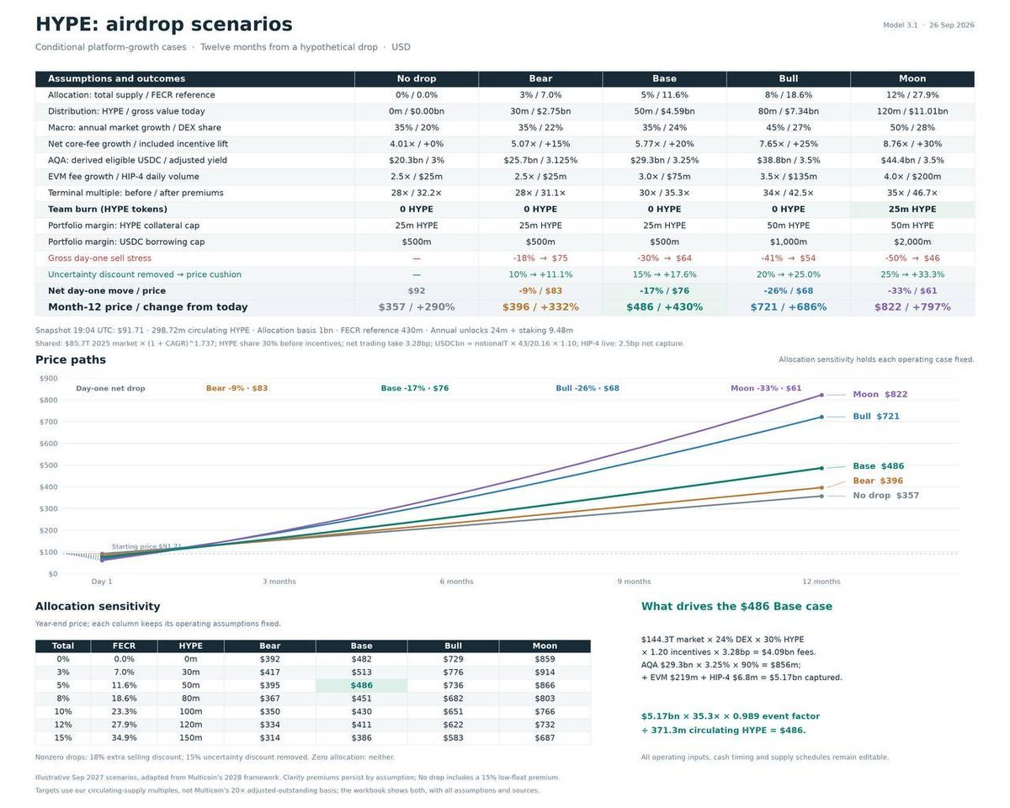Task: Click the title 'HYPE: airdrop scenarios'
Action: tap(164, 24)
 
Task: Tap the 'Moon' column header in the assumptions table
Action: tap(912, 78)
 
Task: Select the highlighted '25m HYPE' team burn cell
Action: tap(912, 209)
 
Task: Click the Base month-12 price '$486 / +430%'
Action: tap(664, 307)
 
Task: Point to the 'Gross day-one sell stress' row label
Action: tap(99, 258)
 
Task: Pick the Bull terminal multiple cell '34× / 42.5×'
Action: tap(788, 193)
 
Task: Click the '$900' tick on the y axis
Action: tap(48, 379)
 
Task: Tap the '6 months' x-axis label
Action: tap(456, 582)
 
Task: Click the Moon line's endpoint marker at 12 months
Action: tap(821, 395)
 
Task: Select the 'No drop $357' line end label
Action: tap(885, 495)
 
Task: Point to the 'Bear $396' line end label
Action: tap(878, 481)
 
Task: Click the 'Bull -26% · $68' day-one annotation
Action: tap(587, 388)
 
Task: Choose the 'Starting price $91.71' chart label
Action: tap(146, 546)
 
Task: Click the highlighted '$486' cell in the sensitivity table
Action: tap(361, 685)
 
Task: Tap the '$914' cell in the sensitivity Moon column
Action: tap(545, 672)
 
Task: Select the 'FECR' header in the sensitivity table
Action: tap(124, 646)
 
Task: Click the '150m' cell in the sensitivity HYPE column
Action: tap(190, 737)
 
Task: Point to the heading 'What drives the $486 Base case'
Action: tap(736, 606)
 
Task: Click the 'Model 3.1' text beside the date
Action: tap(900, 25)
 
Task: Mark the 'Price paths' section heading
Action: tap(71, 359)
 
